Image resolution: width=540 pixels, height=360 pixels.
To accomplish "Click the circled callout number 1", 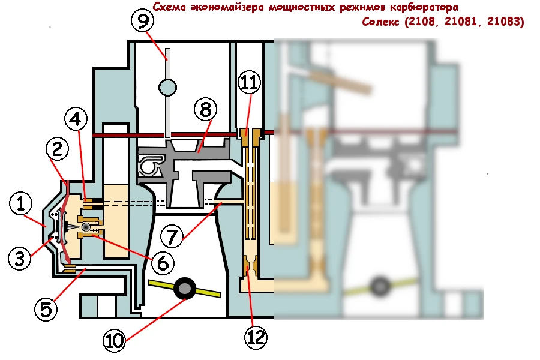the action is point(21,203).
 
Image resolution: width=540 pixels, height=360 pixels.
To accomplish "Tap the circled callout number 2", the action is point(57,149).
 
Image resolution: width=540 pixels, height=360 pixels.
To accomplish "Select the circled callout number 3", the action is point(20,259).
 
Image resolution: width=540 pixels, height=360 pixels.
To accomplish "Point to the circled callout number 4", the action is point(76,119).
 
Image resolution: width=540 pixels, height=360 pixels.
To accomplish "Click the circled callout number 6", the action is point(163,263).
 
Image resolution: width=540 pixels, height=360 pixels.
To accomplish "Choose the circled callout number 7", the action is point(172,236).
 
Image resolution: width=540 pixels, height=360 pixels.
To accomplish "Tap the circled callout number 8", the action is point(206,110).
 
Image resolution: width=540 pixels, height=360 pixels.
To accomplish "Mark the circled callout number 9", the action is point(143,20).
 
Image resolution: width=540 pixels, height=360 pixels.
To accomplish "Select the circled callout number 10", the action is point(115,341).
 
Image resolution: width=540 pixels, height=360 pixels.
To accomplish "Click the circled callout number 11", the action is point(250,82).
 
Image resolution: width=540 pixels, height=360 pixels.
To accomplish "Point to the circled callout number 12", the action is point(256,338).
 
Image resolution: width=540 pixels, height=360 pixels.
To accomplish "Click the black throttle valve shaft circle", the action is point(185,289).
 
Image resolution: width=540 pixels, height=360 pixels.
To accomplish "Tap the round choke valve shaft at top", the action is point(168,88).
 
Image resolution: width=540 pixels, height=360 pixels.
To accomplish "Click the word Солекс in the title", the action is point(380,22).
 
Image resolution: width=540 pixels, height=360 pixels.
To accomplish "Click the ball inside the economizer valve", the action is point(86,227).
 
